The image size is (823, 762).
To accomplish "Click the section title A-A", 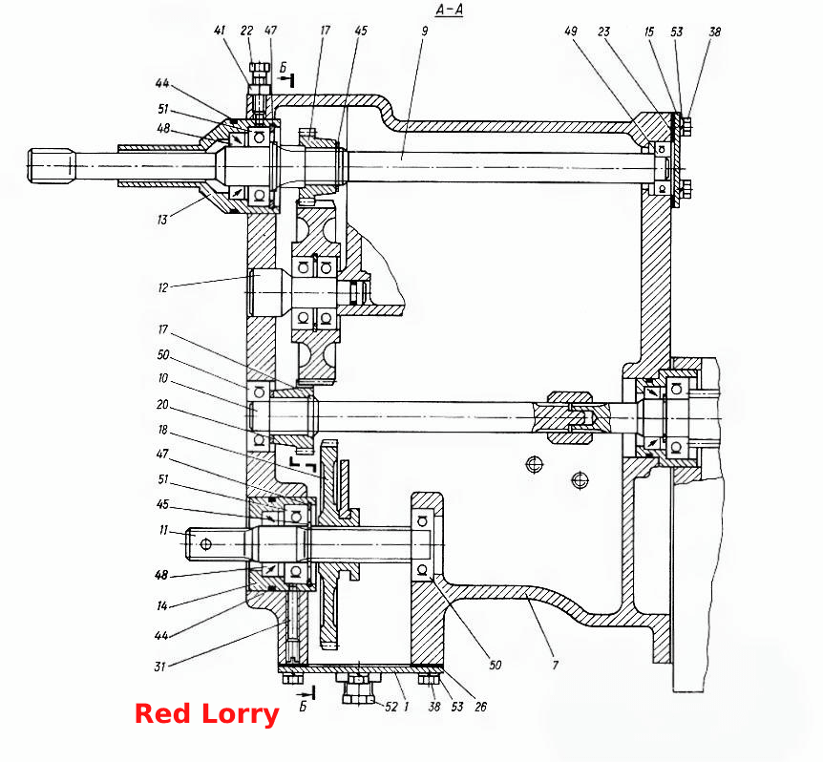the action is pos(450,10).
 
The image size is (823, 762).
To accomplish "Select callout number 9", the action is pos(424,31).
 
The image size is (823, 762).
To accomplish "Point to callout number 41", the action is pos(220,30).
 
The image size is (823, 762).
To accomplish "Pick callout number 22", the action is pos(246,30).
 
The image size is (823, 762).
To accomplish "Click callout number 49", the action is pos(571,31).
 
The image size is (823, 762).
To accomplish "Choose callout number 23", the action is pos(603,32).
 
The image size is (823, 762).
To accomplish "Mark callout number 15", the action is pos(649,32).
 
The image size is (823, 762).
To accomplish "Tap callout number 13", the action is pos(162,220).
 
